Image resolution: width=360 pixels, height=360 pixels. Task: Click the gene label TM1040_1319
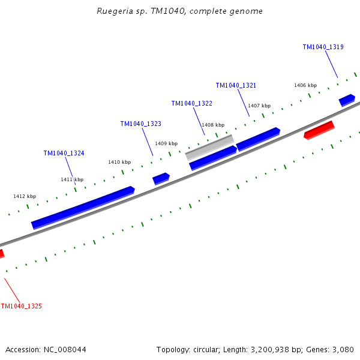point(323,47)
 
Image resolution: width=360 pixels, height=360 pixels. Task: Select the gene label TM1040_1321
point(236,85)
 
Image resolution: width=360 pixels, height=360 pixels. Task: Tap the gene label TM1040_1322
point(191,103)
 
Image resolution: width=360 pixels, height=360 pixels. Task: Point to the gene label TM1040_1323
point(140,124)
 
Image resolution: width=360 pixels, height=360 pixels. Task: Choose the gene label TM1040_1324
point(64,153)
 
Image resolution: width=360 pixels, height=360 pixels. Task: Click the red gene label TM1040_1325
point(21,306)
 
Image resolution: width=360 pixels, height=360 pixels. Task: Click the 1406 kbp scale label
point(305,85)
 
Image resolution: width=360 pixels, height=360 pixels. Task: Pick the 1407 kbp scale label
point(259,106)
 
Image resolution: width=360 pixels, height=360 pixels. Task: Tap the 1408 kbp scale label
point(212,125)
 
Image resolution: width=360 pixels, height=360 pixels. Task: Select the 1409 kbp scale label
point(166,143)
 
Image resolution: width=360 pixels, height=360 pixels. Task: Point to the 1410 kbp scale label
point(119,162)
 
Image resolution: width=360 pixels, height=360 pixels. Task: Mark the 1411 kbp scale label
point(72,179)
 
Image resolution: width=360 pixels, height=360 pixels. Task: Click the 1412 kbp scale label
point(25,196)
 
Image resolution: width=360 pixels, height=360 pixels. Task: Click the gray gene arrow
point(209,147)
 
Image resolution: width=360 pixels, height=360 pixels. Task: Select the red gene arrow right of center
point(319,130)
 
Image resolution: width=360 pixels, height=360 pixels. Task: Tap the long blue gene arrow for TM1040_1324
point(83,208)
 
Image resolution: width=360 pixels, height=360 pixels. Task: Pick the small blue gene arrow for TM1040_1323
point(161,178)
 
